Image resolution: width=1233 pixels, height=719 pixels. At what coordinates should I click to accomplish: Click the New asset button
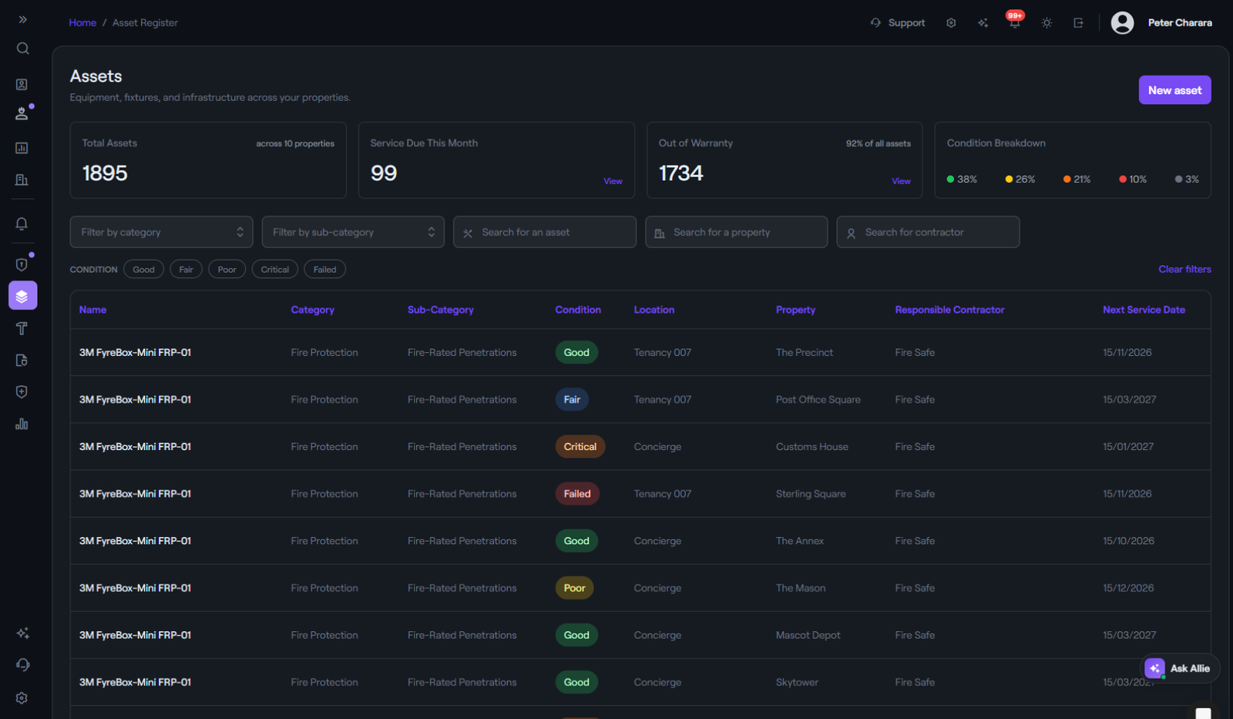point(1174,90)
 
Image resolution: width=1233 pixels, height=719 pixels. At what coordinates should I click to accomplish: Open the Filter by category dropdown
point(161,232)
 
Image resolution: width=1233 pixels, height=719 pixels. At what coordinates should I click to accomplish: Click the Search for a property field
point(737,232)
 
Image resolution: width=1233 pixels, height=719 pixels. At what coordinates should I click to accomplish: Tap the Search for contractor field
point(928,232)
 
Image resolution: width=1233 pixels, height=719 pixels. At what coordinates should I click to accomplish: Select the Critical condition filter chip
point(274,269)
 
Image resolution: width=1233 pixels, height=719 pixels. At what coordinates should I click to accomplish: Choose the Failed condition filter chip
point(324,269)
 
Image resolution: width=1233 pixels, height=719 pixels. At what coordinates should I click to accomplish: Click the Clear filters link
point(1184,269)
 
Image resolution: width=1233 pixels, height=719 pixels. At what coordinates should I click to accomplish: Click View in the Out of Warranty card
point(901,181)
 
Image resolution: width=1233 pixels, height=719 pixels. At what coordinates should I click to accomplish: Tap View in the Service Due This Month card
point(613,181)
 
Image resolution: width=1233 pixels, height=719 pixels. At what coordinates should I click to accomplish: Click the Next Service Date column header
point(1144,310)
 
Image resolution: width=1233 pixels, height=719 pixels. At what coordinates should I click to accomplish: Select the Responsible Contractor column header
point(949,310)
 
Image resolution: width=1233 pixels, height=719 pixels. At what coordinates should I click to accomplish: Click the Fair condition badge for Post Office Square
point(572,400)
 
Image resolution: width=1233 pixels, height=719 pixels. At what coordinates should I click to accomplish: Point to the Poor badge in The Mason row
point(574,588)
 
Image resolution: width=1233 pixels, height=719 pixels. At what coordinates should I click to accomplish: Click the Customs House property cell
point(812,446)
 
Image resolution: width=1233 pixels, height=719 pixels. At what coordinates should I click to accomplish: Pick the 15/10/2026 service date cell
point(1128,541)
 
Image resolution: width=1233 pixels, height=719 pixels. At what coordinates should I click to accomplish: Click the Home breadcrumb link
point(82,22)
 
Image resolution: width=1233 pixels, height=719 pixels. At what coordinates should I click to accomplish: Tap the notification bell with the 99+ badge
point(1014,22)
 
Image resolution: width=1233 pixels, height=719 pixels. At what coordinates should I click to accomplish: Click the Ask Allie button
point(1179,668)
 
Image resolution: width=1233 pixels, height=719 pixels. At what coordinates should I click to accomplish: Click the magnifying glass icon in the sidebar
point(22,49)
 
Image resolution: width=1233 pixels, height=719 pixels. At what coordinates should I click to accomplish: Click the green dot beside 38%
point(950,180)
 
